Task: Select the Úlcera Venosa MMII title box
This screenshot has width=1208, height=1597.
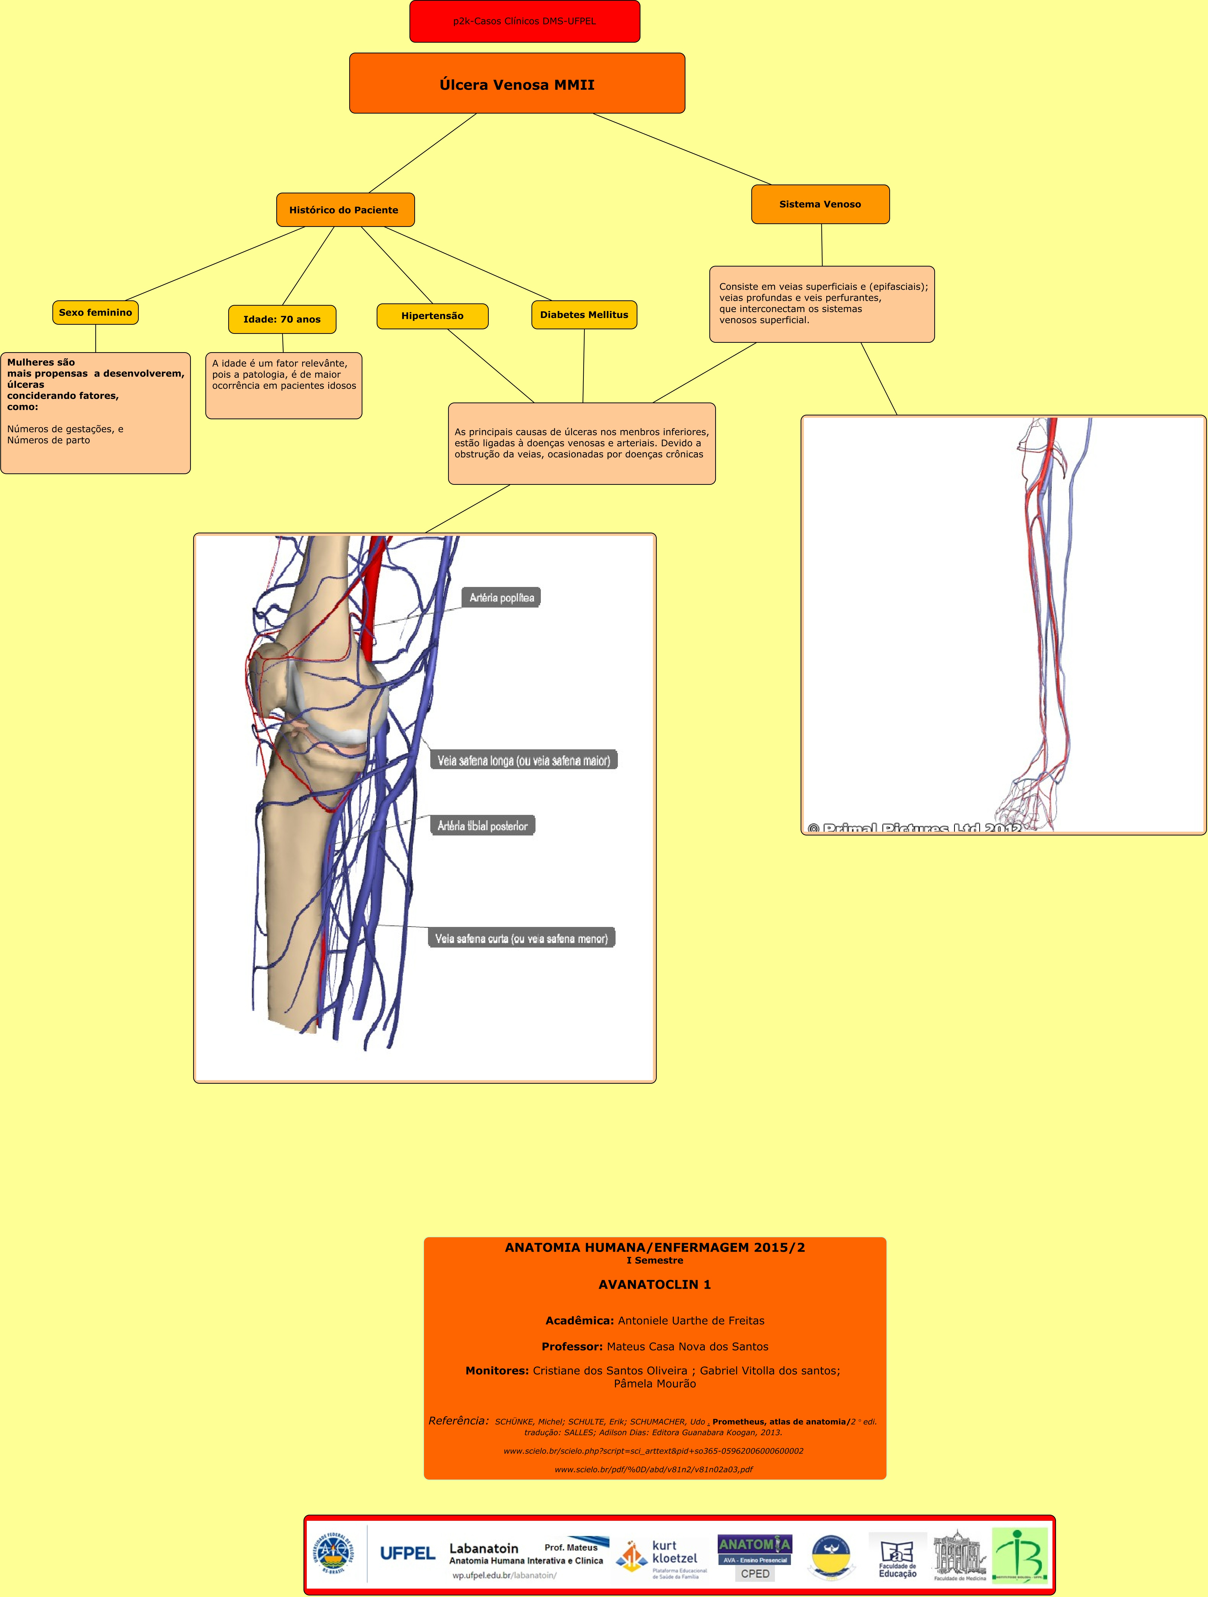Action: coord(517,84)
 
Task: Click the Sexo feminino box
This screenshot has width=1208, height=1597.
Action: coord(95,313)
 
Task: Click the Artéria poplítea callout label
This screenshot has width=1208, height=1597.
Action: coord(501,598)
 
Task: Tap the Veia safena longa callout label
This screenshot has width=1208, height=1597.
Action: coord(524,760)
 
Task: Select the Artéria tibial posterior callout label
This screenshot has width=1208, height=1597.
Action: coord(482,826)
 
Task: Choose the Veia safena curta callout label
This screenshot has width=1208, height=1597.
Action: coord(521,939)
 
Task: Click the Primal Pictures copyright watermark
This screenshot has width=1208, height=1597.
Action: coord(913,827)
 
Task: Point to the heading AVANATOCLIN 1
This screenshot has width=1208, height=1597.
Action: coord(654,1284)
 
